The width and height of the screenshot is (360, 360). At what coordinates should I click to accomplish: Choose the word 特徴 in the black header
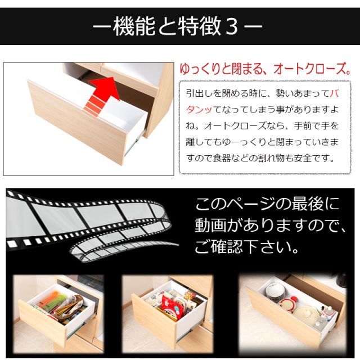click(193, 26)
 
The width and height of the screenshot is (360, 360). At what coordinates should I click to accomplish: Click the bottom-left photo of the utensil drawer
click(58, 307)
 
